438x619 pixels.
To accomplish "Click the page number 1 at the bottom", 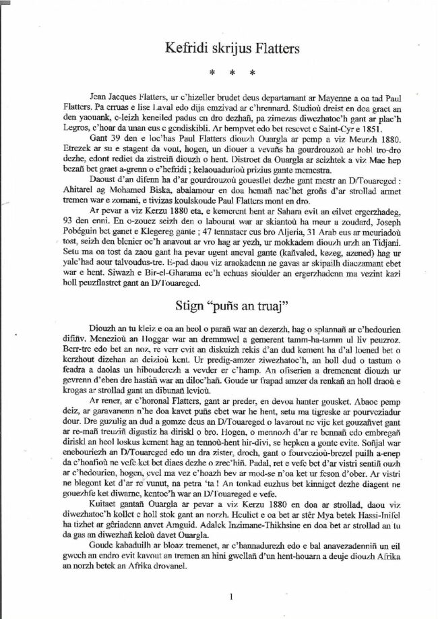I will pos(231,596).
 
